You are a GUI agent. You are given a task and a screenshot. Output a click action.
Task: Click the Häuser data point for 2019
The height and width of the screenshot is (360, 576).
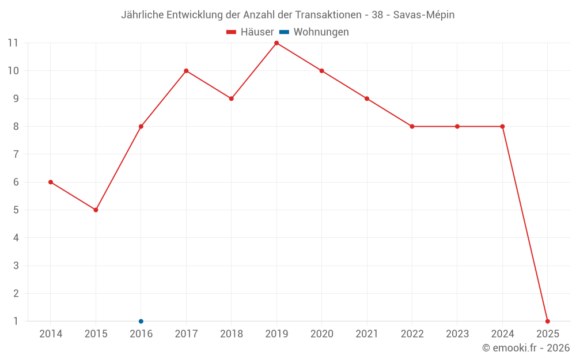point(276,43)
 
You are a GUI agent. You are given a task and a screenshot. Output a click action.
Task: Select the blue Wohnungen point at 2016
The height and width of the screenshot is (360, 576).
point(141,321)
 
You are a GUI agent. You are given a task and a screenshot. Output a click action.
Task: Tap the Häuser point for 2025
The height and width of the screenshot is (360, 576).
point(547,321)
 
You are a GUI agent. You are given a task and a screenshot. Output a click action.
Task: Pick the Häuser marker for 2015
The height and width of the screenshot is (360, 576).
point(96,210)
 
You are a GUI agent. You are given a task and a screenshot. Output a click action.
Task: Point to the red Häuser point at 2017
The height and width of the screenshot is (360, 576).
point(186,71)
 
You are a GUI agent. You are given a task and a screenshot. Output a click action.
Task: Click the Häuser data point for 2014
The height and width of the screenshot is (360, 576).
point(51,182)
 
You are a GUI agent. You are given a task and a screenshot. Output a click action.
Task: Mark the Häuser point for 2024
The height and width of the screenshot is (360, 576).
point(502,127)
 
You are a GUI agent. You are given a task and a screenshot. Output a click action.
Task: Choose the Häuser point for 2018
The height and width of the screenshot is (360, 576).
point(231,98)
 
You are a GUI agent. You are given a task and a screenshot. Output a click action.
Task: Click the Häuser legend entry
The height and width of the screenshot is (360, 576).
point(250,32)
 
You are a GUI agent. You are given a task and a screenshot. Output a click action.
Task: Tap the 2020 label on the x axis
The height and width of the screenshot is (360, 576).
point(321,334)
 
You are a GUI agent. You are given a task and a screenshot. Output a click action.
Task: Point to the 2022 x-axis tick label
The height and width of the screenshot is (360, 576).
point(412,334)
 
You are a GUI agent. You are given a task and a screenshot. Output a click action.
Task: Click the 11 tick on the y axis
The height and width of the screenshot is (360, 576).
point(13,43)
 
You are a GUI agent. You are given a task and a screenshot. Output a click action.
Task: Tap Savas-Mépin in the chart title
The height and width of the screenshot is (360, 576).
point(424,15)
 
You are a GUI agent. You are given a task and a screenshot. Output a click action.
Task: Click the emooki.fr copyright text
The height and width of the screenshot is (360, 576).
point(526,348)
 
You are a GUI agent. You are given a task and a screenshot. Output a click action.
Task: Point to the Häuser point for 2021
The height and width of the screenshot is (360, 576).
point(367,98)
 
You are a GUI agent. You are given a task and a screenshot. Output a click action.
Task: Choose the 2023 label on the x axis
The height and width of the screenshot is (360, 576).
point(457,334)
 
